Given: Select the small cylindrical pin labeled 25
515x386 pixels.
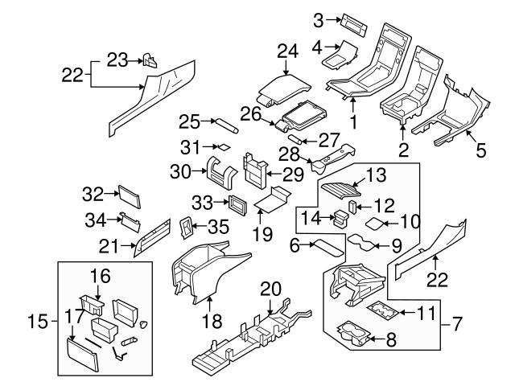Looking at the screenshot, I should [224, 126].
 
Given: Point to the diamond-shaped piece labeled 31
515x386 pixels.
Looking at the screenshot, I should [223, 147].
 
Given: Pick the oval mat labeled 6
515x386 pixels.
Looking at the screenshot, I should [328, 244].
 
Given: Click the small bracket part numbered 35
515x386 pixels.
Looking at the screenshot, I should [185, 228].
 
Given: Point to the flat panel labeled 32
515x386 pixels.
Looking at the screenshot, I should [129, 195].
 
